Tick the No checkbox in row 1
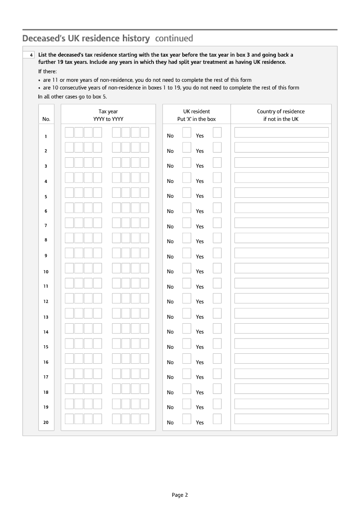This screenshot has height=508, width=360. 187,132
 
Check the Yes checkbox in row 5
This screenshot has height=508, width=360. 217,192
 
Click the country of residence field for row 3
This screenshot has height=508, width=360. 281,162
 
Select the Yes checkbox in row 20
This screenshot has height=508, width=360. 217,419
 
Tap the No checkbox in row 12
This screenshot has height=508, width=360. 187,298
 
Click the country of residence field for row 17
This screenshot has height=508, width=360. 281,374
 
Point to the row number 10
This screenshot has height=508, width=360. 46,272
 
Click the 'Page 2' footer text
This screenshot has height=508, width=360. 180,495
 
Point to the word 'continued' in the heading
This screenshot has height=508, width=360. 174,38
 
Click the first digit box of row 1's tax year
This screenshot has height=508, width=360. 69,132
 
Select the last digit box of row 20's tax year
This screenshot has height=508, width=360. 144,419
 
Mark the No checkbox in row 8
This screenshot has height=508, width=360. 187,238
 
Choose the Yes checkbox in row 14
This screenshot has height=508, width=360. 217,328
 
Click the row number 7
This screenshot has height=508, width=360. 46,225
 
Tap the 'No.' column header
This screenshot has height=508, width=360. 46,119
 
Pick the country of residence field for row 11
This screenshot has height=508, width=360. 281,283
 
